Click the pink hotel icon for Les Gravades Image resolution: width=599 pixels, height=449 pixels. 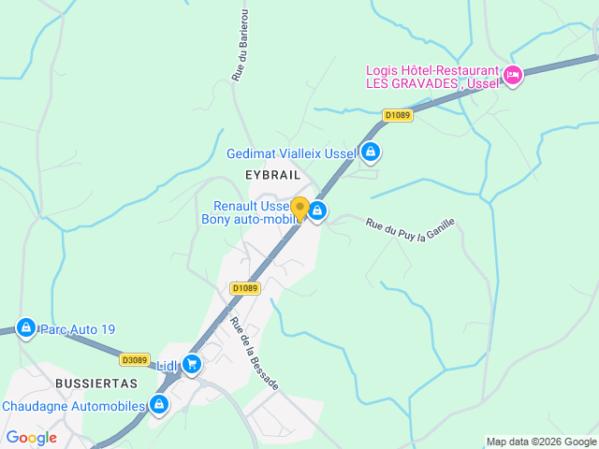click(511, 76)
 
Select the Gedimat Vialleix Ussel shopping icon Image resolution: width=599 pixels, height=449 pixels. click(371, 152)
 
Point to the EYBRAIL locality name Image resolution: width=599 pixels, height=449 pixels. click(272, 175)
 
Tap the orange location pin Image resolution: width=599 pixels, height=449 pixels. click(299, 209)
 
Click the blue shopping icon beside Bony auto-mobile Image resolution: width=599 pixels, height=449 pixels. click(318, 211)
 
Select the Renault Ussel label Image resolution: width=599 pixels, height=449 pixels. click(251, 206)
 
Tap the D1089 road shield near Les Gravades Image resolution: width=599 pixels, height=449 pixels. click(398, 115)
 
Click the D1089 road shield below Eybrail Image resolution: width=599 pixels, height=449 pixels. click(244, 288)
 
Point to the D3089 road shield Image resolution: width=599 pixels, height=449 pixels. click(135, 359)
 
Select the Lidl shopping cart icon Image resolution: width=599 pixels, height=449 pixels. click(192, 364)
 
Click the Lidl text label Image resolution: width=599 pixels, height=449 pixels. click(167, 365)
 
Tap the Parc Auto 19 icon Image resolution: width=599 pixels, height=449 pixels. click(26, 327)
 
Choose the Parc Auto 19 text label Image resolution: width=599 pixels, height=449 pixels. click(78, 329)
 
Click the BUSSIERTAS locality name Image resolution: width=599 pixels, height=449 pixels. click(95, 384)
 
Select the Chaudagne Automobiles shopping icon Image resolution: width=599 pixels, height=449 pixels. click(159, 405)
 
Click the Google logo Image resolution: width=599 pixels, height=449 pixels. click(32, 438)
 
